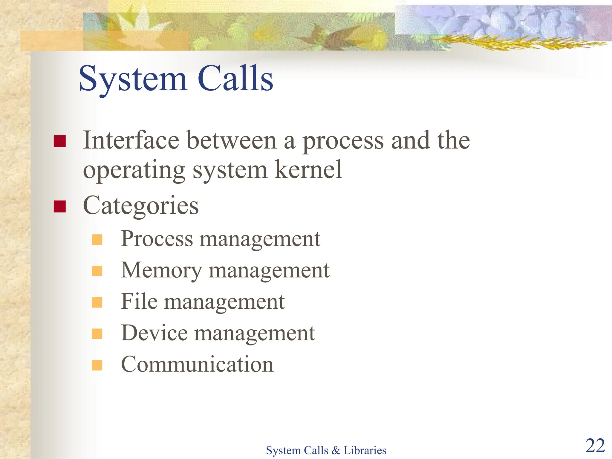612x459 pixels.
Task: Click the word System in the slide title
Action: point(133,79)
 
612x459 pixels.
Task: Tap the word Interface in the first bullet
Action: point(131,140)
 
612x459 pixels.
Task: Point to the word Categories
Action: point(141,206)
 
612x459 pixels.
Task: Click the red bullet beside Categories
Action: point(59,206)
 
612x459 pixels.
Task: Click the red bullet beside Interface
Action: point(59,141)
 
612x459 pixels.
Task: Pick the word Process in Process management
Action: point(157,239)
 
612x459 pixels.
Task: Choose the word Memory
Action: point(161,270)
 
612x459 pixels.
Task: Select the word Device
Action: point(154,333)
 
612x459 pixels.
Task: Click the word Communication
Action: point(197,365)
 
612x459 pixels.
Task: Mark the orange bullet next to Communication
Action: point(97,365)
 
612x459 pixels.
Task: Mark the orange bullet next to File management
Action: point(97,302)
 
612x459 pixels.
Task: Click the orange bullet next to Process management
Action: point(97,239)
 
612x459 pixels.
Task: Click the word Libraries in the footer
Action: point(365,450)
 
